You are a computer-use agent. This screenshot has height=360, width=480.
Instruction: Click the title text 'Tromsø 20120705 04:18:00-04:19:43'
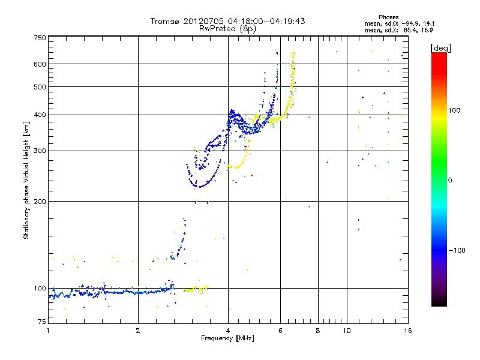[x=227, y=21]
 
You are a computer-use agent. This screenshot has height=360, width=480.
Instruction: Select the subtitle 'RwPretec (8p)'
[x=227, y=28]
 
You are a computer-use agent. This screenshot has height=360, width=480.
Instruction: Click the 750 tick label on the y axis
[x=40, y=38]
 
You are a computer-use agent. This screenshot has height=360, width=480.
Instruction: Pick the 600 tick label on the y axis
[x=40, y=64]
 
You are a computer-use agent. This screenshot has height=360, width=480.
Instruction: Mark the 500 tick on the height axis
[x=40, y=87]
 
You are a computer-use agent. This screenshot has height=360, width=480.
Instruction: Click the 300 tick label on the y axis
[x=40, y=151]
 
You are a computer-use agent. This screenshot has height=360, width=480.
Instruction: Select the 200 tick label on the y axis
[x=40, y=201]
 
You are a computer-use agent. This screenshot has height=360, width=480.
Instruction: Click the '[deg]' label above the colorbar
[x=441, y=47]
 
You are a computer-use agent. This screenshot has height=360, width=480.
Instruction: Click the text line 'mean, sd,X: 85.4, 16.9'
[x=399, y=29]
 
